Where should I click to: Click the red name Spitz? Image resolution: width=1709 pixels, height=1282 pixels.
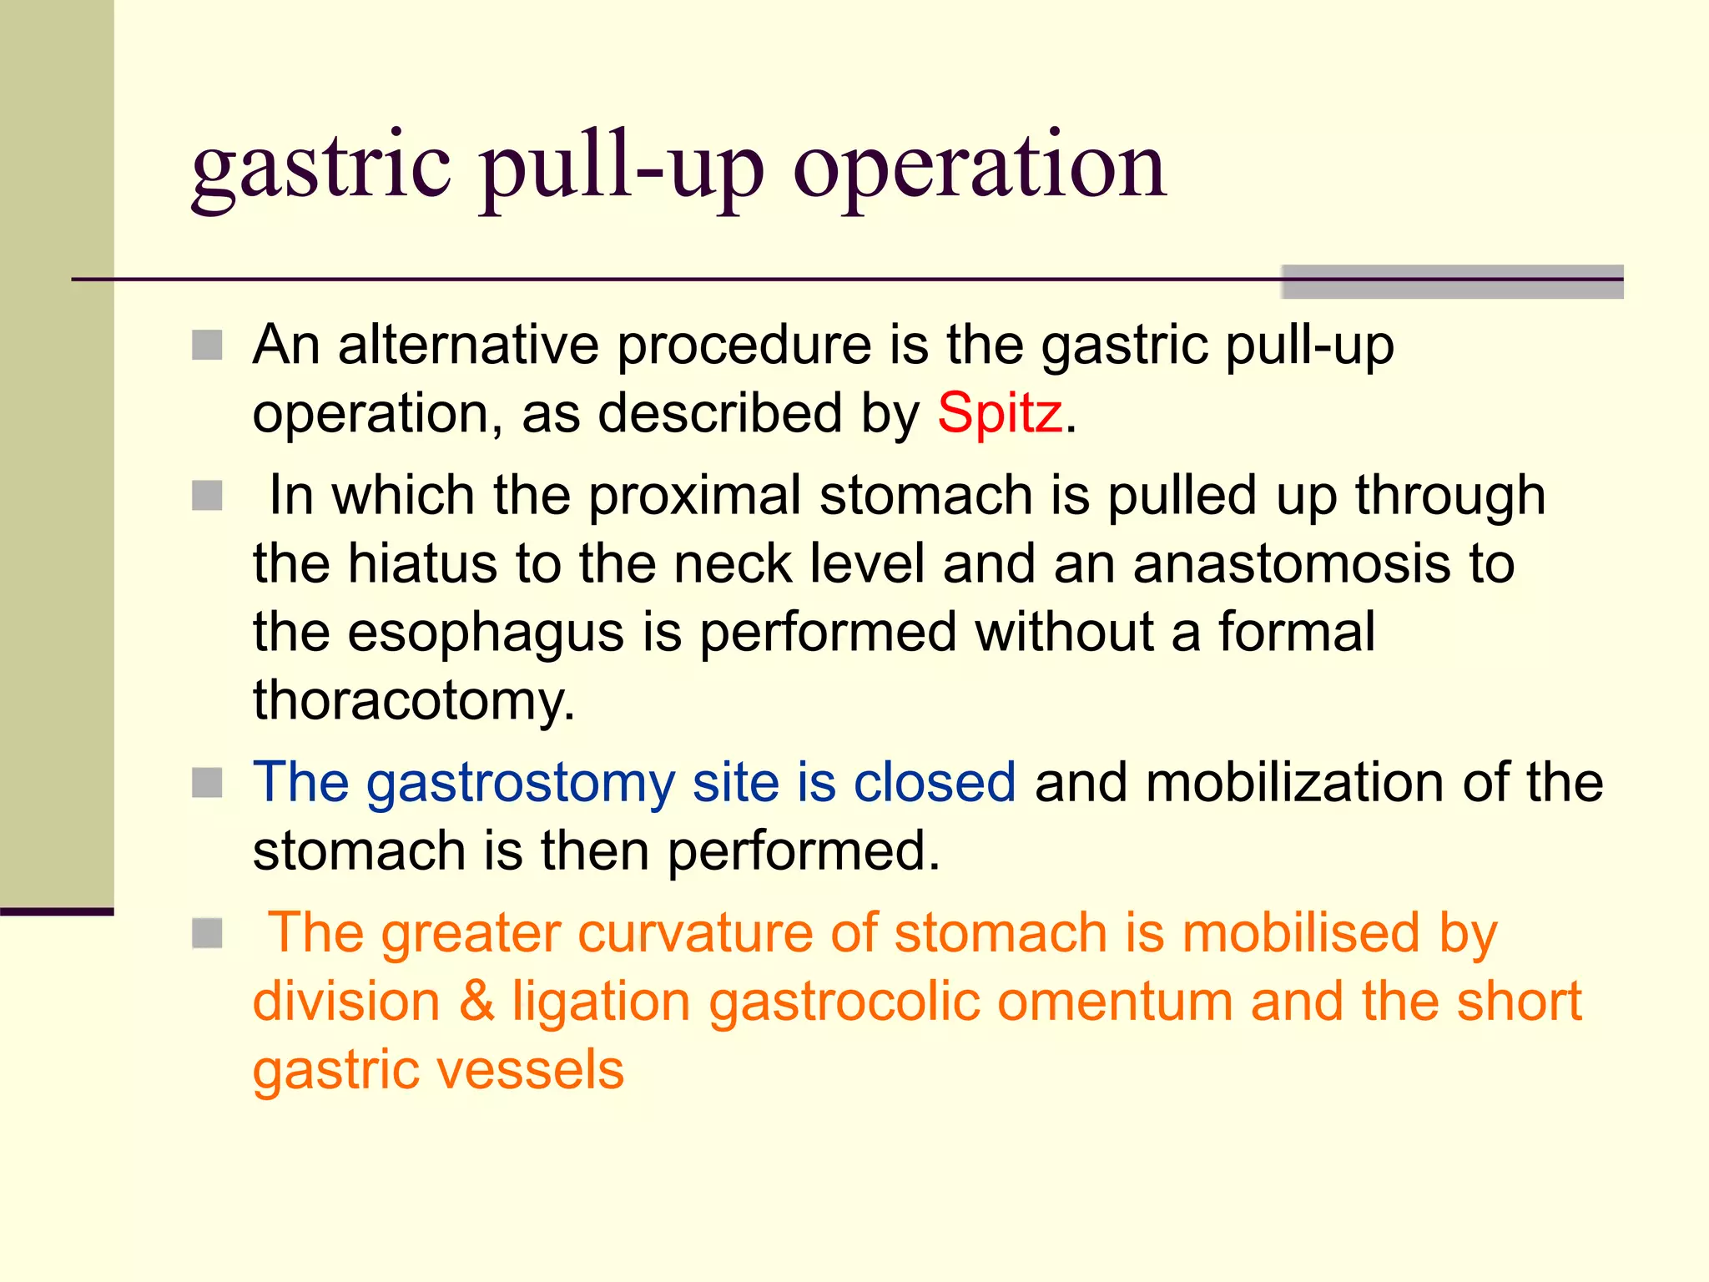(x=999, y=413)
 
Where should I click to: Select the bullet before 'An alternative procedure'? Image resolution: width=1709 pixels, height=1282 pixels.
(x=207, y=345)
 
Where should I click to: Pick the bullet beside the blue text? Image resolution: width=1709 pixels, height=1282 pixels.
(x=207, y=783)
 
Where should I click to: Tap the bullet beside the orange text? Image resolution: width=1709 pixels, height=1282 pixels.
(x=207, y=933)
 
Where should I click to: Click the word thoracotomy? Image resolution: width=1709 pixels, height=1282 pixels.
(x=413, y=701)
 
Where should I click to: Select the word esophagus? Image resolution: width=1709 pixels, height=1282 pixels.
(x=486, y=633)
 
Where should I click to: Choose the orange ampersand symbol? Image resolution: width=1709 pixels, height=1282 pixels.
(x=476, y=1001)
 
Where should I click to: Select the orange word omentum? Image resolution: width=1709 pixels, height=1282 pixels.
(x=1114, y=1001)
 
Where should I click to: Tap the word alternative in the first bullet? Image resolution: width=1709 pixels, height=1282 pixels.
(x=467, y=345)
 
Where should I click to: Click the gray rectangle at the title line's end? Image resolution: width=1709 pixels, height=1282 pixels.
(x=1451, y=282)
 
